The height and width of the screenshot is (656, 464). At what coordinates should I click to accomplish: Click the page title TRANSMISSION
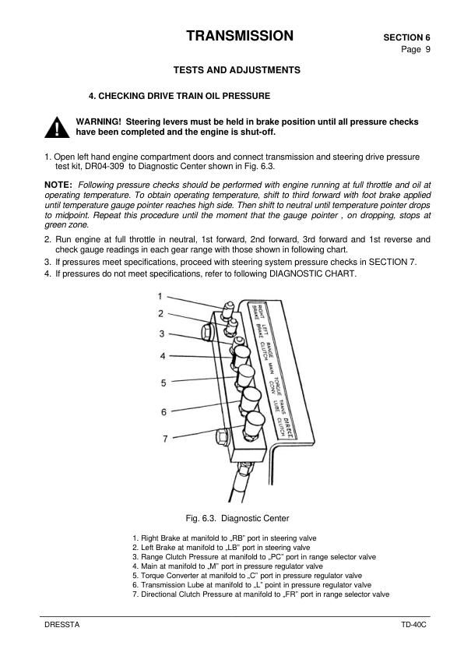(x=240, y=36)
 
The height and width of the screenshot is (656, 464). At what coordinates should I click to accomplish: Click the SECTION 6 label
(x=406, y=37)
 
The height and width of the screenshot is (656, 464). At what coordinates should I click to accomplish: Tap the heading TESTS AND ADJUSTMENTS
(x=236, y=70)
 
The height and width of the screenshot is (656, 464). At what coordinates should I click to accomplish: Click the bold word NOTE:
(x=59, y=184)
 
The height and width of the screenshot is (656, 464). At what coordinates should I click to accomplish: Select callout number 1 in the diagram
(x=160, y=296)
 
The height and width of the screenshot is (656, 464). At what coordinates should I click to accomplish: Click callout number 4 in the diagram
(x=163, y=355)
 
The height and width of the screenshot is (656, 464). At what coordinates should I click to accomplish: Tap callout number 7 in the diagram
(x=165, y=439)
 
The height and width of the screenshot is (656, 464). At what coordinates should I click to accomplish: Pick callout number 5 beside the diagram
(x=163, y=383)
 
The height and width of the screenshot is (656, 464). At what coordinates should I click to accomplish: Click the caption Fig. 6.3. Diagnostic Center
(x=237, y=517)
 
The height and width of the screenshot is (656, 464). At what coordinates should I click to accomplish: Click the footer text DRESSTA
(x=62, y=626)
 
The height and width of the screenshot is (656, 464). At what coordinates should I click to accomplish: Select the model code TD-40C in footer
(x=406, y=626)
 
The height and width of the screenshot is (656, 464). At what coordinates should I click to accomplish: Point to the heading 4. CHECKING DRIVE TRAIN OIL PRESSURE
(x=180, y=96)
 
